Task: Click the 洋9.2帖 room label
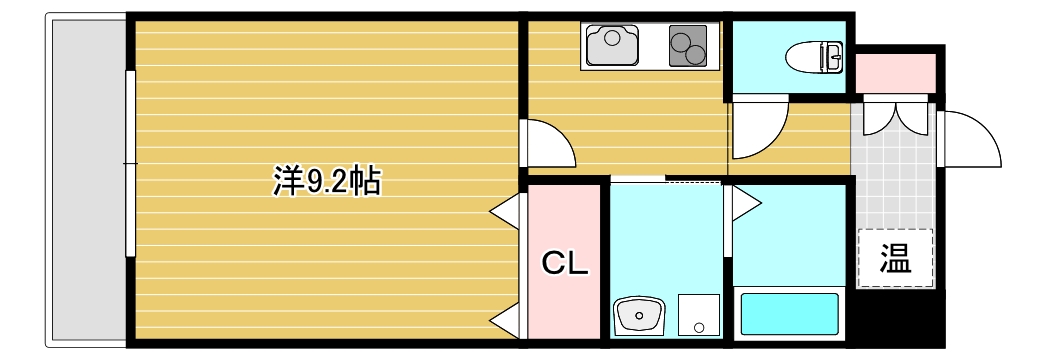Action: [326, 181]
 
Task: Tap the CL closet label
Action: [565, 263]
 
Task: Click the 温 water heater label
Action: [895, 259]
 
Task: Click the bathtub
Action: [789, 314]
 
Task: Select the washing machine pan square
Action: [698, 314]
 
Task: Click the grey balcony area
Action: [84, 180]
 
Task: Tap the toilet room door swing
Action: [759, 130]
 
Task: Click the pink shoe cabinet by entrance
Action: [895, 73]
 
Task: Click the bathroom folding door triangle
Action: [746, 203]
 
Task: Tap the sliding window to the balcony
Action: [129, 162]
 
